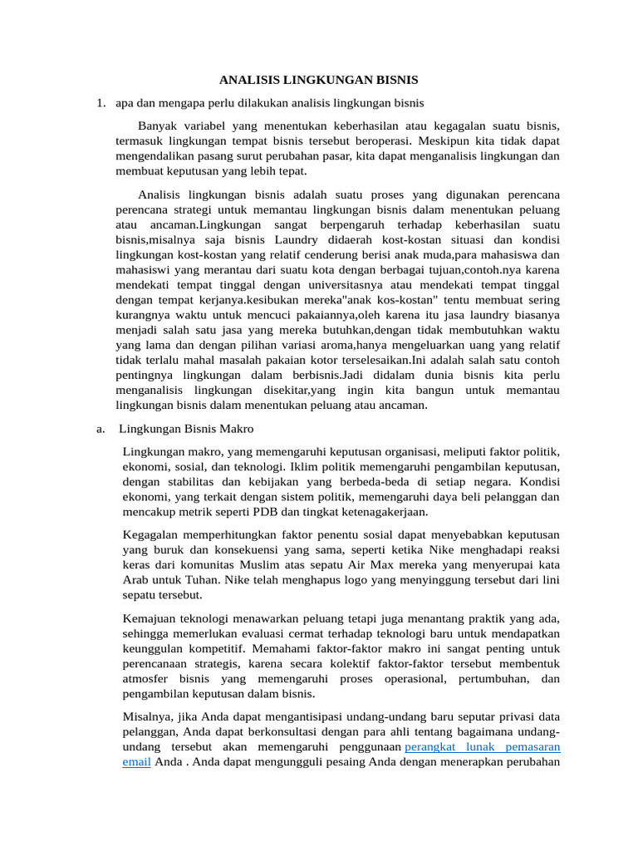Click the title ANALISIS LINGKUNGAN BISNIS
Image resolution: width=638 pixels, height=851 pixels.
click(x=318, y=81)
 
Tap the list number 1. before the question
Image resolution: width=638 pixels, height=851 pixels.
click(x=100, y=103)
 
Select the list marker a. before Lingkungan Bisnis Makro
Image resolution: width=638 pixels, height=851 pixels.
click(x=100, y=429)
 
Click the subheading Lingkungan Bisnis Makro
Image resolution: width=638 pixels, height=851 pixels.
click(x=186, y=429)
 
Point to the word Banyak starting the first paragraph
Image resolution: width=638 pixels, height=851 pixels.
click(x=157, y=125)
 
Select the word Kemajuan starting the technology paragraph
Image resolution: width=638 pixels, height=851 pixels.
click(x=150, y=618)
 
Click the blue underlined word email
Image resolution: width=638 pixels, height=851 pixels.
click(x=136, y=761)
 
